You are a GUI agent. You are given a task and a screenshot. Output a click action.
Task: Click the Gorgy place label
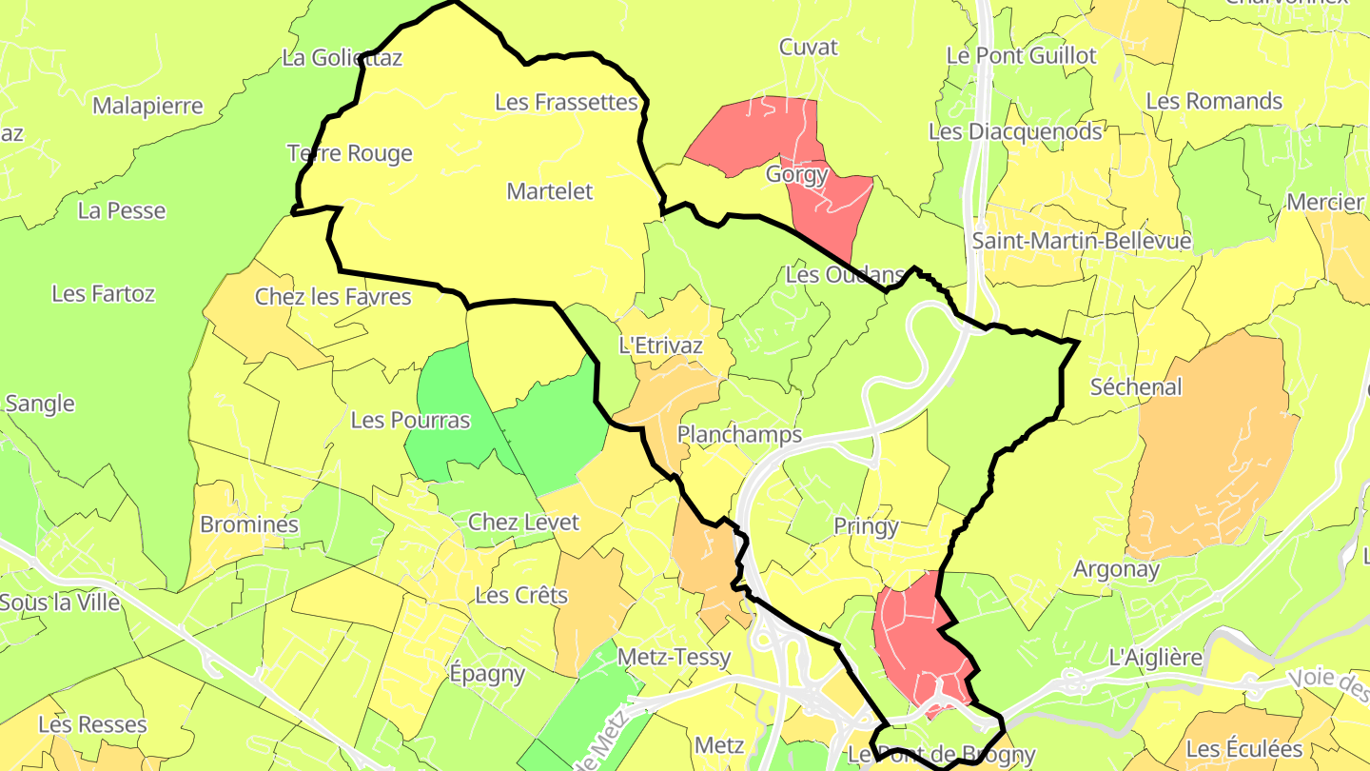coord(796,175)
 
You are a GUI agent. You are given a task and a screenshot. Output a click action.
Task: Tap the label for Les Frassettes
coord(566,102)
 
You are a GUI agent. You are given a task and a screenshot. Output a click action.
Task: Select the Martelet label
coord(549,191)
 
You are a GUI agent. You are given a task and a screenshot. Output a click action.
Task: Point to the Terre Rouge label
coord(349,153)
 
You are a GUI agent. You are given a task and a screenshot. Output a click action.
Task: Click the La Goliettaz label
coord(342,58)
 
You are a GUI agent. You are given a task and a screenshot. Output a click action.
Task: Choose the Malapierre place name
coord(147,106)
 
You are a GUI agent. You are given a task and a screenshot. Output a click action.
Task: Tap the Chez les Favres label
coord(333,297)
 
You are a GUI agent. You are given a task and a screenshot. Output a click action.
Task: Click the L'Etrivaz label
coord(660,346)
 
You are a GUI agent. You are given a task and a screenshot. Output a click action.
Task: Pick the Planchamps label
coord(739,435)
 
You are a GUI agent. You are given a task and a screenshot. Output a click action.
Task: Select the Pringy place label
coord(866,526)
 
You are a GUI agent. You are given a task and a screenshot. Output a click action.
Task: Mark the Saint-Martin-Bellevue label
coord(1081,242)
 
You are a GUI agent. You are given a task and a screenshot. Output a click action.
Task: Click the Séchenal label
coord(1136,387)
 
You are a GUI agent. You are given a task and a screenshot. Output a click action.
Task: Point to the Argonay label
coord(1116,570)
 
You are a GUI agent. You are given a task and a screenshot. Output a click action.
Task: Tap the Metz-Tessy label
coord(674,657)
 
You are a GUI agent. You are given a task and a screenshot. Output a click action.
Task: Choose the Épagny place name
coord(486,674)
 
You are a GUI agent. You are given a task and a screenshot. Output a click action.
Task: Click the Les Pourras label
coord(410,420)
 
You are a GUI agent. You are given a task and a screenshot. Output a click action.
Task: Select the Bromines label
coord(249,524)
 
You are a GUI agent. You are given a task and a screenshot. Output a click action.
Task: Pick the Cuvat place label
coord(808,47)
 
